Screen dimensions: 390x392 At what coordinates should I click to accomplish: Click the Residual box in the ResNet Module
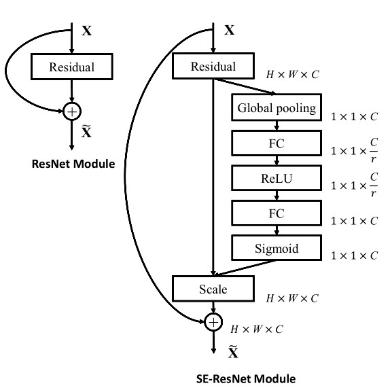tap(71, 67)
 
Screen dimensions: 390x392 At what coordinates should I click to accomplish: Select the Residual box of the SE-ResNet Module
tap(213, 67)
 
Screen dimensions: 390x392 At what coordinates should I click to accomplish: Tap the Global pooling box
tap(276, 108)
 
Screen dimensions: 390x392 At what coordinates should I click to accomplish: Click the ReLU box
tap(276, 178)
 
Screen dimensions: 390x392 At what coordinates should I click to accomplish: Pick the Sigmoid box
tap(276, 248)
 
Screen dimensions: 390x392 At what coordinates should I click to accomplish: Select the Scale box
tap(213, 289)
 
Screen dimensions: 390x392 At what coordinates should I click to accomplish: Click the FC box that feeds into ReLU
tap(276, 143)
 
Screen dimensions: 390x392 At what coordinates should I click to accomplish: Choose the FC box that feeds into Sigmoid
tap(276, 213)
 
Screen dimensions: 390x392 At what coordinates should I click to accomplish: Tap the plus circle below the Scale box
tap(213, 321)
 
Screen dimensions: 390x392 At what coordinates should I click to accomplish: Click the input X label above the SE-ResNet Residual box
tap(230, 31)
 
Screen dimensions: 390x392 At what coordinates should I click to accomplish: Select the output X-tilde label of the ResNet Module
tap(86, 132)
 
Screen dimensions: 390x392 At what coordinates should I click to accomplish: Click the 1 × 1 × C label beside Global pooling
tap(354, 117)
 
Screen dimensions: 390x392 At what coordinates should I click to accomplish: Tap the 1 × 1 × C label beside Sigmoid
tap(354, 255)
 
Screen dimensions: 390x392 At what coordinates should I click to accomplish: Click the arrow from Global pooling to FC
tap(276, 125)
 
